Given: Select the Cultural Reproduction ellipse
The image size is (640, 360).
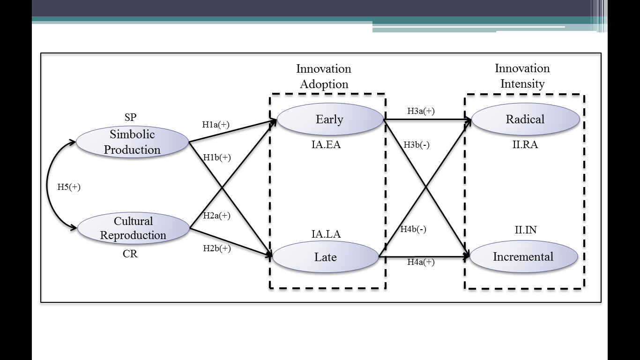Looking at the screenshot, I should pyautogui.click(x=133, y=228).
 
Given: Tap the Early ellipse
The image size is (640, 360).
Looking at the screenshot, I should pyautogui.click(x=330, y=120).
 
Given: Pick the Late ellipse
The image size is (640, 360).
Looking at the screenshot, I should pyautogui.click(x=325, y=257).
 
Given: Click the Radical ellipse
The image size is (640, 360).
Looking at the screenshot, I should pyautogui.click(x=525, y=119).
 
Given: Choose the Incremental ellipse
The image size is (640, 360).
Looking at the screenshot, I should pyautogui.click(x=523, y=257).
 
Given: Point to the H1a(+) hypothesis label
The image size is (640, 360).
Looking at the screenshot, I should pyautogui.click(x=216, y=125).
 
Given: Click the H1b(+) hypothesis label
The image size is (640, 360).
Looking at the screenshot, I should pyautogui.click(x=217, y=157).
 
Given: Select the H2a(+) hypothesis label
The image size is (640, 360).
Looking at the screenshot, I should pyautogui.click(x=216, y=216).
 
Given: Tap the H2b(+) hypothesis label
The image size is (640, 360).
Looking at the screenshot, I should pyautogui.click(x=217, y=248).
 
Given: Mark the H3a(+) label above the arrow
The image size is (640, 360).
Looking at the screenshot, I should pyautogui.click(x=421, y=111).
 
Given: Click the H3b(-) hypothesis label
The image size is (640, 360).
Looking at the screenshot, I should pyautogui.click(x=417, y=145).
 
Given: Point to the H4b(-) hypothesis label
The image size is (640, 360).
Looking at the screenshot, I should pyautogui.click(x=413, y=229).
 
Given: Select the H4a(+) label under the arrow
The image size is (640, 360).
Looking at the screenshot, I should pyautogui.click(x=421, y=262).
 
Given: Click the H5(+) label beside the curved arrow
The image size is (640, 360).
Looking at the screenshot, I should pyautogui.click(x=69, y=187).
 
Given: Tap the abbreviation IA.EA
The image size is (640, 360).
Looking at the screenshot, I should pyautogui.click(x=326, y=145).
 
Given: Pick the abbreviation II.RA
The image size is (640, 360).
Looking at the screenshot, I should pyautogui.click(x=525, y=145).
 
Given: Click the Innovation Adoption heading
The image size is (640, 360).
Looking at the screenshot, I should pyautogui.click(x=324, y=76).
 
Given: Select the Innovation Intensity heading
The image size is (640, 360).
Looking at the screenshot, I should pyautogui.click(x=522, y=76).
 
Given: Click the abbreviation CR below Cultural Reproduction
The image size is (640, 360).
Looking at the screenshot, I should pyautogui.click(x=130, y=255).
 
